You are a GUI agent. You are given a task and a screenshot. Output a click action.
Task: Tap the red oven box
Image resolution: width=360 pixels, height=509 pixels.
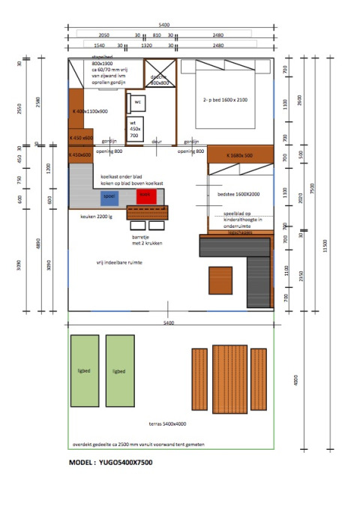145,196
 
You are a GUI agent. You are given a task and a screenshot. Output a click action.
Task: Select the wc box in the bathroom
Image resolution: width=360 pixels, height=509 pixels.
138,101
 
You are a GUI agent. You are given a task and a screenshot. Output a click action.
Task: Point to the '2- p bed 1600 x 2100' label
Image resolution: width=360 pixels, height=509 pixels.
224,100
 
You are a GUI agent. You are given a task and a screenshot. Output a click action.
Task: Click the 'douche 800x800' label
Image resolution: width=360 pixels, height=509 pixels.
158,80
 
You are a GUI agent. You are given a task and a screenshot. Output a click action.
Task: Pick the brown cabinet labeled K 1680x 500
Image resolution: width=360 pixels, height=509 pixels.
239,156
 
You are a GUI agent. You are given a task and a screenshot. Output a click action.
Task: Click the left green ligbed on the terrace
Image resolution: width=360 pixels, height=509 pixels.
84,370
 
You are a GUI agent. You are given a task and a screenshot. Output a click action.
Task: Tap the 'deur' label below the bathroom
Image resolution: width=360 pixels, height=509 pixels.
157,141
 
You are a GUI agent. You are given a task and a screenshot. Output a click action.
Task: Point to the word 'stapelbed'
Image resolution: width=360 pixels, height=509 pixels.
103,57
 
